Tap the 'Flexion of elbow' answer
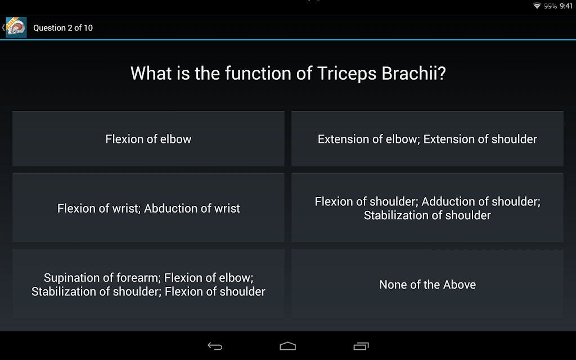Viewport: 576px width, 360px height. coord(148,139)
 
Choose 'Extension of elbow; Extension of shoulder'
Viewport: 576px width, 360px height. coord(427,139)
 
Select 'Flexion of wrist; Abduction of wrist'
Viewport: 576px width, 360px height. coord(148,208)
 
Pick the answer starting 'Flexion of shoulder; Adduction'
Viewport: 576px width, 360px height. coord(427,208)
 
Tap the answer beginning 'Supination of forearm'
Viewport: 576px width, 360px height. coord(148,284)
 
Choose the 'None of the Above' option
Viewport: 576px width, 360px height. coord(427,284)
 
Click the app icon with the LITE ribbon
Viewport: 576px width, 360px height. coord(16,27)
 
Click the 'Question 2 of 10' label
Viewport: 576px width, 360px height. coord(63,28)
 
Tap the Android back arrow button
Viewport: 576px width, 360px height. coord(215,346)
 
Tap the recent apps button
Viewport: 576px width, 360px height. coord(361,346)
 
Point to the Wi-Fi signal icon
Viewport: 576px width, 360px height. coord(537,6)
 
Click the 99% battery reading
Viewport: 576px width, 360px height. coord(550,6)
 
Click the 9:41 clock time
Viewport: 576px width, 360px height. coord(566,6)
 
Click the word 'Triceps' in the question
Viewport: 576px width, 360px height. coord(346,74)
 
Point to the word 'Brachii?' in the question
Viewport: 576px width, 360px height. coord(413,73)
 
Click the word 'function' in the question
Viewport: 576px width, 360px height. coord(258,73)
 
